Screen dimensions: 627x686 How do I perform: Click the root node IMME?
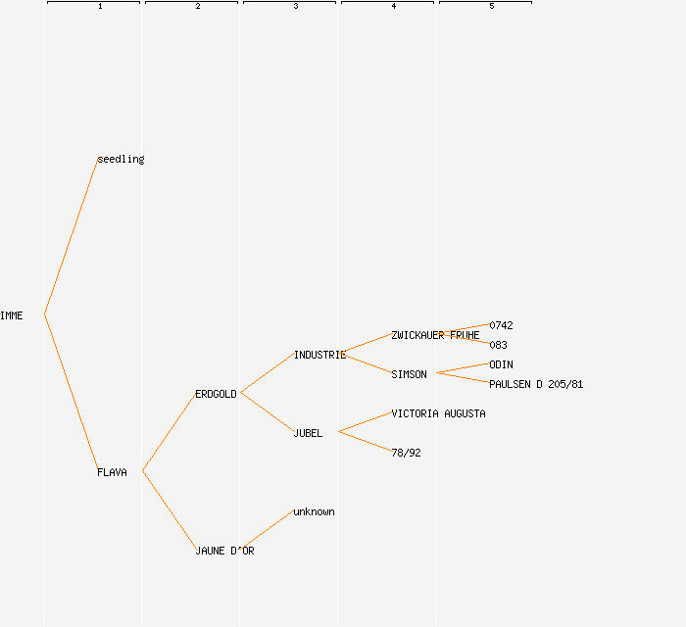click(x=12, y=315)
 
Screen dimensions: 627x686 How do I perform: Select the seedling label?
click(x=121, y=159)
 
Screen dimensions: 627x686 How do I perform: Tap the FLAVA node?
click(x=112, y=472)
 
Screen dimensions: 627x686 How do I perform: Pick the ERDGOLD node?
click(x=216, y=394)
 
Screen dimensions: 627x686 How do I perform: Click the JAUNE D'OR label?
click(x=224, y=551)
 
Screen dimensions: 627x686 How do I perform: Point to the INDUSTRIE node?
click(x=319, y=355)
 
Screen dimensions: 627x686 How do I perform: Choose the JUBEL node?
click(x=308, y=433)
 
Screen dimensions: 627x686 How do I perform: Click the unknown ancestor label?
click(x=314, y=511)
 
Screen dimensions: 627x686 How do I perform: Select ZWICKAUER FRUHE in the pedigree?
click(x=435, y=335)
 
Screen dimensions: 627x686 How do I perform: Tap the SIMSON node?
click(x=409, y=374)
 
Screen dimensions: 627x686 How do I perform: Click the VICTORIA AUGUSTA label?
click(x=438, y=413)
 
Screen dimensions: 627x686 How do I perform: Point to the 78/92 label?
click(x=406, y=453)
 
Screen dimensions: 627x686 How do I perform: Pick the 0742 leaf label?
click(x=501, y=325)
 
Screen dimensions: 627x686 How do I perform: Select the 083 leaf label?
click(x=498, y=345)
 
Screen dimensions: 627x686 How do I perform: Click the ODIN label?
click(x=501, y=364)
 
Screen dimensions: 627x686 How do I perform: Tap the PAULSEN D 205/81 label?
click(x=536, y=384)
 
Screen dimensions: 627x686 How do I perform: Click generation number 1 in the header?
click(x=100, y=7)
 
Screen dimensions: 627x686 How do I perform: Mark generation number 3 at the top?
click(x=296, y=7)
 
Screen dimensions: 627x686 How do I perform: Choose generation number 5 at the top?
click(x=492, y=7)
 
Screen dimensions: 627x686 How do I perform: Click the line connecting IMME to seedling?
click(x=71, y=237)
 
